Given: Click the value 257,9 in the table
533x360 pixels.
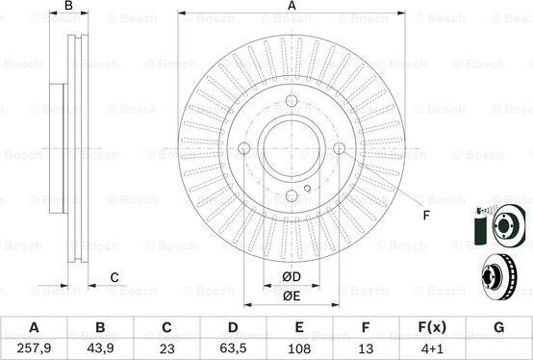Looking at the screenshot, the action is (34, 348).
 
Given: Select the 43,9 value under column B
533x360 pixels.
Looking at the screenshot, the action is (100, 348).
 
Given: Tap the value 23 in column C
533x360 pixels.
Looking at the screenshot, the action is (166, 348).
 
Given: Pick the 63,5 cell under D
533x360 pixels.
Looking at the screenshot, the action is (233, 348).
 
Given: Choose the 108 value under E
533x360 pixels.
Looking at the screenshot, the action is (299, 348).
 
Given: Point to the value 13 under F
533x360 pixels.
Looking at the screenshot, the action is (366, 348).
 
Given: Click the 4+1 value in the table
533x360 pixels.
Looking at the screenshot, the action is (432, 348).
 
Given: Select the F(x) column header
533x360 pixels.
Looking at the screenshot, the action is (432, 327).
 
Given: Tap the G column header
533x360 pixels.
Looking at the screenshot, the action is (498, 327).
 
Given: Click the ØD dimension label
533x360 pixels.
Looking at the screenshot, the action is (292, 277).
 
